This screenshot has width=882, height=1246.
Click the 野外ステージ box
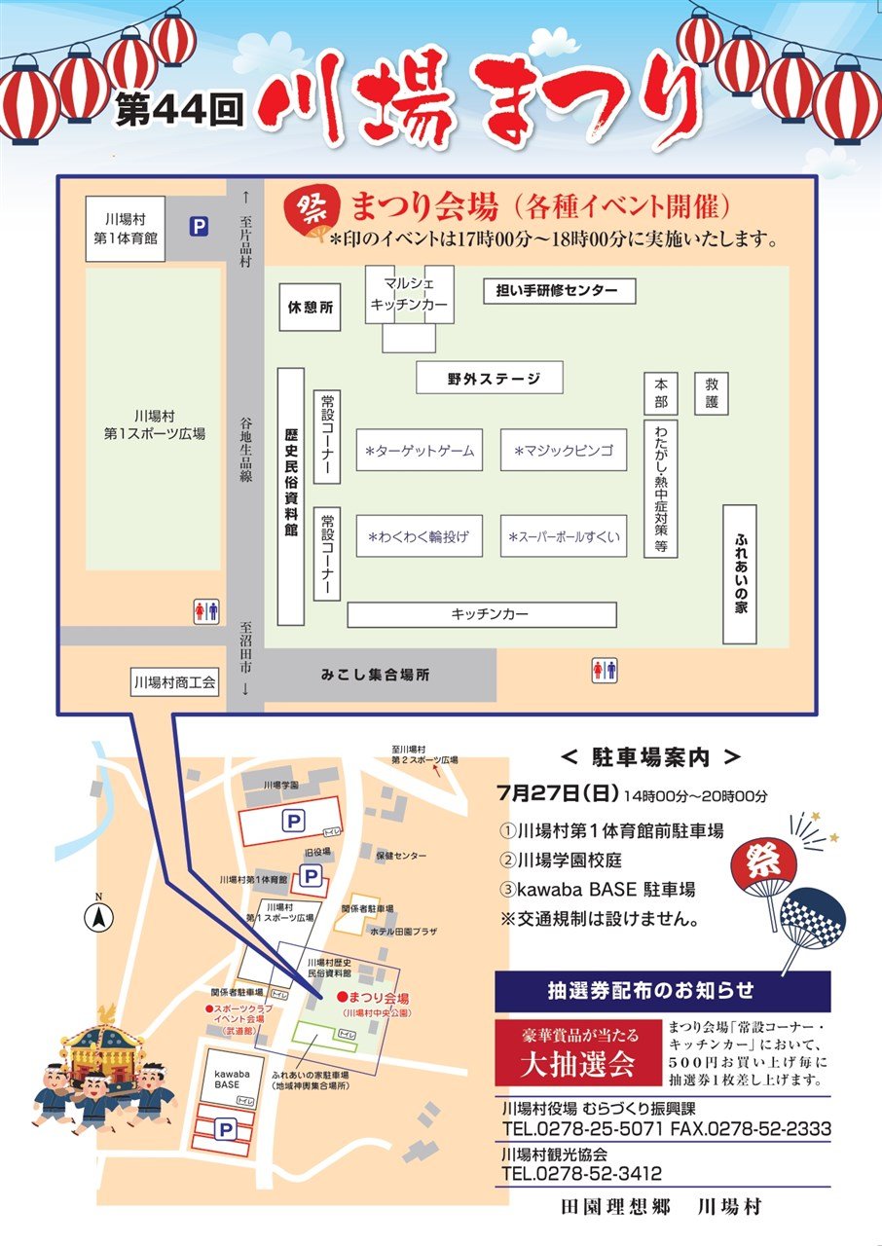(x=490, y=378)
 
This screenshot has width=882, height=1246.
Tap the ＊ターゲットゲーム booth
(x=420, y=451)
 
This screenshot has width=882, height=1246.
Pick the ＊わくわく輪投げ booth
(x=420, y=536)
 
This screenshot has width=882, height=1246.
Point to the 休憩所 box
(x=310, y=308)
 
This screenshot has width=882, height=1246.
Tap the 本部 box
(x=661, y=392)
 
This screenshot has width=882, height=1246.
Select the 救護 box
(x=712, y=392)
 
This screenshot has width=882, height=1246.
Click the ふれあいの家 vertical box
(x=740, y=574)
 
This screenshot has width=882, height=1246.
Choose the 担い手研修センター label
(x=559, y=291)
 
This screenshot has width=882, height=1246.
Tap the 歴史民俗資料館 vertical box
(x=290, y=495)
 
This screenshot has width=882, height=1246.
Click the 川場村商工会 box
(x=174, y=682)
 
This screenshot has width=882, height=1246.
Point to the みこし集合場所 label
(x=376, y=674)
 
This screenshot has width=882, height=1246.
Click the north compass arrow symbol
(x=98, y=914)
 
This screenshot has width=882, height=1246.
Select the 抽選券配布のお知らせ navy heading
(x=663, y=991)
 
